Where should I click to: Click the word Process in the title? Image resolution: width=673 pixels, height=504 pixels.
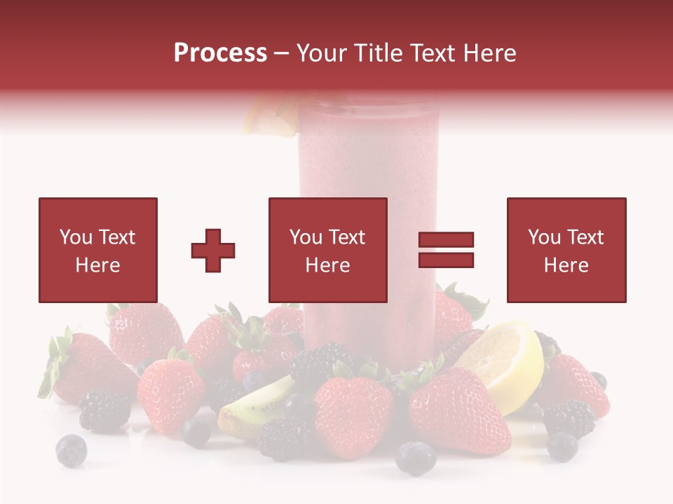(220, 53)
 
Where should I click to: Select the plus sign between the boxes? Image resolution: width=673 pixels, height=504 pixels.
(213, 251)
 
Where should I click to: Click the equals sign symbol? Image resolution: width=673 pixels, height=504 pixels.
(446, 250)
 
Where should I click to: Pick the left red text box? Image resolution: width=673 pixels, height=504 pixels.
(98, 250)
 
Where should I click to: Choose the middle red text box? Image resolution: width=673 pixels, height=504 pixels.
(327, 250)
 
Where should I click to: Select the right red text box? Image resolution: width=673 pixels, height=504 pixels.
(566, 250)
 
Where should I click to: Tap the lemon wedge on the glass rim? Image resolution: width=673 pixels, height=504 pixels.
(270, 115)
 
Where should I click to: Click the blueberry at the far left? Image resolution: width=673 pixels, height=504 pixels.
(71, 449)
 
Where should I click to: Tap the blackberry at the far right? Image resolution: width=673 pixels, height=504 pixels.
(569, 418)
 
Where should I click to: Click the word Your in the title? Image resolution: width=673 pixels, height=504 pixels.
(321, 53)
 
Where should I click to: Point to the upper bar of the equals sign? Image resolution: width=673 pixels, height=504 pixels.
(446, 240)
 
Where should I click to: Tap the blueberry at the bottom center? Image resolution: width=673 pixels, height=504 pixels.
(416, 458)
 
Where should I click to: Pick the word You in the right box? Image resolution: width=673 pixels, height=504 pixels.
(544, 237)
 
